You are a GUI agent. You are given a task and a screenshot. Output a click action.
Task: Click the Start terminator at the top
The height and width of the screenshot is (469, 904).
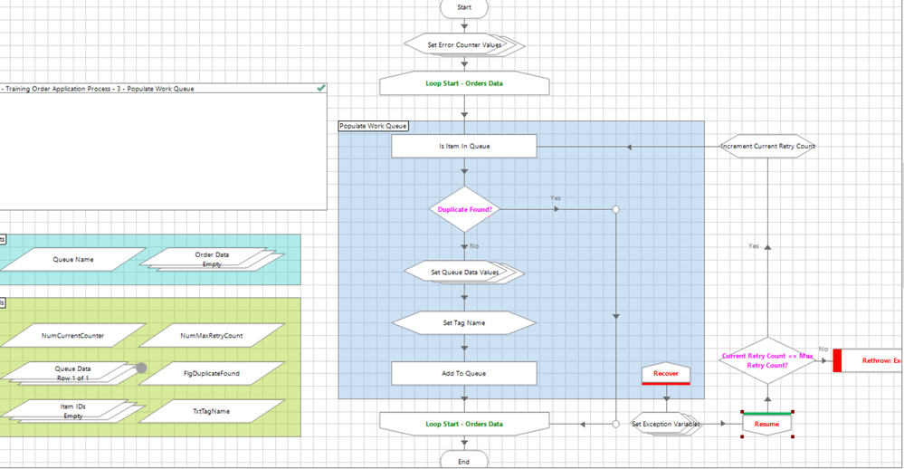tap(464, 7)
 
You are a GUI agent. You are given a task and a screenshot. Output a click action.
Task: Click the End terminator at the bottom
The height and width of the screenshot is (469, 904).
tap(464, 461)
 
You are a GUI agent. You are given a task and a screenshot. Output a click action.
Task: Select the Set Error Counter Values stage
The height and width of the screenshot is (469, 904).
tap(464, 44)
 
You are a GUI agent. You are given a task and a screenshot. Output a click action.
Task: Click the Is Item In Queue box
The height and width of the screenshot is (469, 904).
tap(464, 146)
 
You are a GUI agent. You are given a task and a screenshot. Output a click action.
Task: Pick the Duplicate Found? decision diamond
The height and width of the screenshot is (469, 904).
tap(464, 209)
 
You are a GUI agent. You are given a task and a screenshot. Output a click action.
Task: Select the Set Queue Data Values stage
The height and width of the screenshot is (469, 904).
tap(464, 272)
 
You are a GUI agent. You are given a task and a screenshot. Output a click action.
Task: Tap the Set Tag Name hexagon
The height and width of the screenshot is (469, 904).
tap(464, 322)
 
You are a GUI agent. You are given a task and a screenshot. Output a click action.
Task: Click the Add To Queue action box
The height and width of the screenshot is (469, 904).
tap(464, 373)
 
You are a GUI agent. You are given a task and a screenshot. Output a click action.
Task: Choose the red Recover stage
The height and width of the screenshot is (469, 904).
tap(665, 374)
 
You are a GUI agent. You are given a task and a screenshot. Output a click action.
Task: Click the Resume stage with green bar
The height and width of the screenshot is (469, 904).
tap(767, 423)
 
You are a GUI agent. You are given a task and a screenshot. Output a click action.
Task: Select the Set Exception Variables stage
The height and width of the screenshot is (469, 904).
tap(666, 424)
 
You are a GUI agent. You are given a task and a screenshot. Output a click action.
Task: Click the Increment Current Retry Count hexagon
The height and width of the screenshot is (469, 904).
tap(767, 146)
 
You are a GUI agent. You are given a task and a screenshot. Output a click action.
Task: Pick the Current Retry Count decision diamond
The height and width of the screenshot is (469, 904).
tap(767, 360)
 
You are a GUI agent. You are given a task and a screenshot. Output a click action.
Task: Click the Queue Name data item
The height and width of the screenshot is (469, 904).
tap(72, 260)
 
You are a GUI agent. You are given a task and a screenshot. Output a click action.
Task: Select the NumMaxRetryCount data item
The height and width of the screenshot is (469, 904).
tap(211, 336)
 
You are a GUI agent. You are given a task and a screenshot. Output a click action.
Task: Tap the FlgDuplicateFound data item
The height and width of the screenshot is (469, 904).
tap(211, 373)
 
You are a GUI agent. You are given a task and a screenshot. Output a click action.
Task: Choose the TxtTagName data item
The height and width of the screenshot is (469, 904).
tap(211, 411)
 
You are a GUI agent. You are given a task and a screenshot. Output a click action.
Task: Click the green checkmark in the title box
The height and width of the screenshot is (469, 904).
tap(320, 88)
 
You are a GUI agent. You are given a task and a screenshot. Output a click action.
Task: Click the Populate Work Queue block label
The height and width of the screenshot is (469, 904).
tap(373, 126)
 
